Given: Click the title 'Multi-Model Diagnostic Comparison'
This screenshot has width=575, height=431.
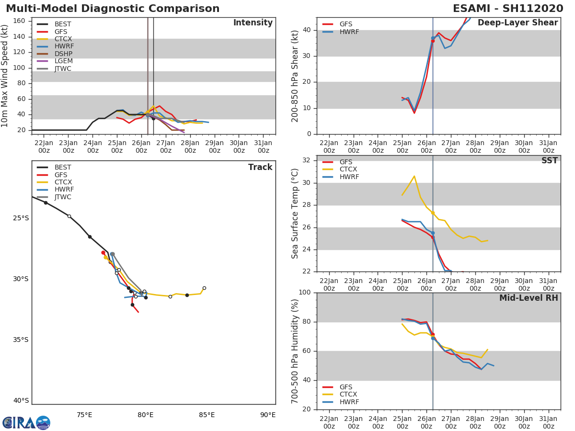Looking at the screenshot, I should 113,9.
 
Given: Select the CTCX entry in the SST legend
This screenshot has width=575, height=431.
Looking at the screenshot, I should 348,170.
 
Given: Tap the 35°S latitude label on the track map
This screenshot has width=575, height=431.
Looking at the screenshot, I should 21,340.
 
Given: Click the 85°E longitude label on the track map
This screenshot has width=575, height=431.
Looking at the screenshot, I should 207,415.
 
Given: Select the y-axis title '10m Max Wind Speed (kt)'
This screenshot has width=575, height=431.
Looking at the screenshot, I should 5,76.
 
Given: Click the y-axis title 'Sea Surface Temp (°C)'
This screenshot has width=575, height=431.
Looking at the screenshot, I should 295,214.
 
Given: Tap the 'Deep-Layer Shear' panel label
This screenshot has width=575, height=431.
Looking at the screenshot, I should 517,23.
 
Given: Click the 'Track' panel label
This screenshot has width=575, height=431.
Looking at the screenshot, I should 260,168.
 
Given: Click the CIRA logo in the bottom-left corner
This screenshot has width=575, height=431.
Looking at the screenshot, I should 26,422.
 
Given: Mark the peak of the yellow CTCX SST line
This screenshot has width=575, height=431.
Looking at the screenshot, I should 414,176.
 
